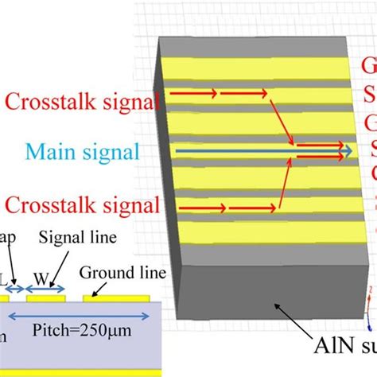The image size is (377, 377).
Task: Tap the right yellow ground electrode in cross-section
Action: click(116, 300)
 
